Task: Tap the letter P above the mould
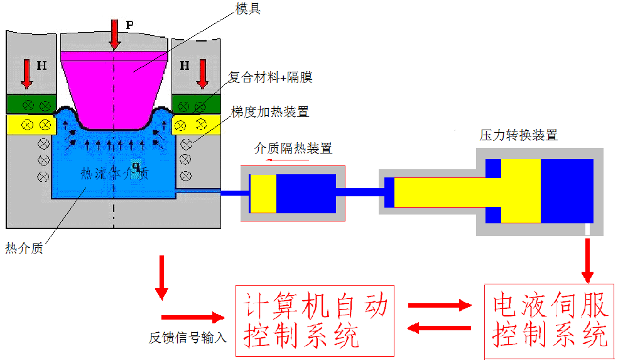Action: (129, 25)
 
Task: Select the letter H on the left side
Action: (41, 65)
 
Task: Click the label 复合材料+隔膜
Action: (269, 78)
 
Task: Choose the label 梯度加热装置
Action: (270, 113)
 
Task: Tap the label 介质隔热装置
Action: (293, 148)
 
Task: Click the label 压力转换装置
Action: (519, 135)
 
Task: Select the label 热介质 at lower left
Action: (24, 248)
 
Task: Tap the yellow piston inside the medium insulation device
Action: (263, 193)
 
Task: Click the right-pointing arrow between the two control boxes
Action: (440, 306)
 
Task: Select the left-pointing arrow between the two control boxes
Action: (440, 327)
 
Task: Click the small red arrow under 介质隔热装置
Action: (286, 160)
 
